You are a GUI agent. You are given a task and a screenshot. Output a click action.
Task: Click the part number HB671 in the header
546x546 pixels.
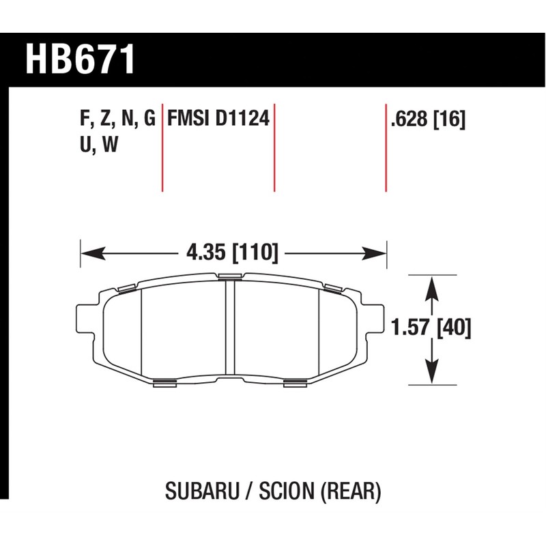coord(80,60)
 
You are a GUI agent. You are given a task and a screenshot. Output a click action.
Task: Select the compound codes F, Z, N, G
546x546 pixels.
coord(118,121)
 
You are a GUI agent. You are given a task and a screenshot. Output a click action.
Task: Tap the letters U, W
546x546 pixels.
coord(96,146)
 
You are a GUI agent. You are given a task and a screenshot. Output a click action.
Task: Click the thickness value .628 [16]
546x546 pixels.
coord(427,121)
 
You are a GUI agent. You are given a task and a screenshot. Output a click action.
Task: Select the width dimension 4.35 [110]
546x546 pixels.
coord(232,253)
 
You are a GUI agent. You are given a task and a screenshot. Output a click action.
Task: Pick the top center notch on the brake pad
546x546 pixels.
coord(230,276)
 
